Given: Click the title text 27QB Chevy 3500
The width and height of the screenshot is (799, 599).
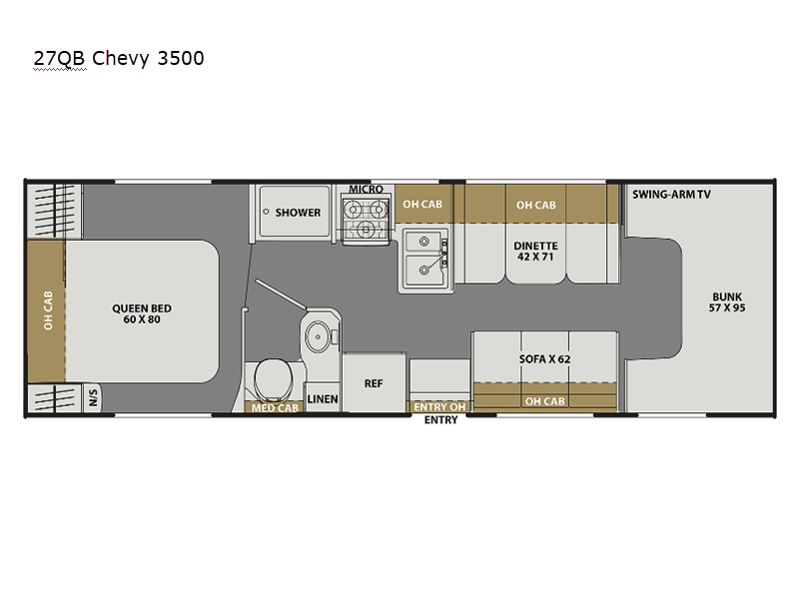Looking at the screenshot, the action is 119,58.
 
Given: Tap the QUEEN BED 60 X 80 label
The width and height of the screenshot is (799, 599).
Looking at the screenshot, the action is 142,313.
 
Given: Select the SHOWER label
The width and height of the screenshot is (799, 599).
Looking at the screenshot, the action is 298,213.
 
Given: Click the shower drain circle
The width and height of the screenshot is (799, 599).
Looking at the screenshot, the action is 266,212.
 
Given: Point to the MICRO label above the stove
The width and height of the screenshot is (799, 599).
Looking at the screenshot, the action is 366,189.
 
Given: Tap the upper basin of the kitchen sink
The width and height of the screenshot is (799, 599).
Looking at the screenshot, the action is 422,242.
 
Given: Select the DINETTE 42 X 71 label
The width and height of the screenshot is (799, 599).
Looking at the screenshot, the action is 535,252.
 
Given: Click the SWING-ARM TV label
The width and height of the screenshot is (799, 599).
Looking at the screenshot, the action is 671,194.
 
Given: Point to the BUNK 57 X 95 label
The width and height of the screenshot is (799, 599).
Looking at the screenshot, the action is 727,302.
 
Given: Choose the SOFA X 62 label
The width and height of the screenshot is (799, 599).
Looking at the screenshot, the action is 544,359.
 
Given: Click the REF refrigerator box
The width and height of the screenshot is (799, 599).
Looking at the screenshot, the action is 374,382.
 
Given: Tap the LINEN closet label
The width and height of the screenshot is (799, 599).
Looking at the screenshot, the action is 323,399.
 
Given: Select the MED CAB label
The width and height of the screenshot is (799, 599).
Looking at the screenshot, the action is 275,408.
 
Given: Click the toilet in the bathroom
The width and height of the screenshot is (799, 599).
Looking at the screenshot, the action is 273,380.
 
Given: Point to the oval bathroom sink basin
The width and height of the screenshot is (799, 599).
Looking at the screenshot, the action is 318,336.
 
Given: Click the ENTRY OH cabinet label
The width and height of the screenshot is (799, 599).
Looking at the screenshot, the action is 439,407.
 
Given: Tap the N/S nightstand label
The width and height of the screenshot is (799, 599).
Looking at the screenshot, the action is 93,397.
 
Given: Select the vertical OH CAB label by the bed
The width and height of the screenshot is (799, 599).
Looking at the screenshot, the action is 48,310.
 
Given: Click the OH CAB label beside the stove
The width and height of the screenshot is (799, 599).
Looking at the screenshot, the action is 422,205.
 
